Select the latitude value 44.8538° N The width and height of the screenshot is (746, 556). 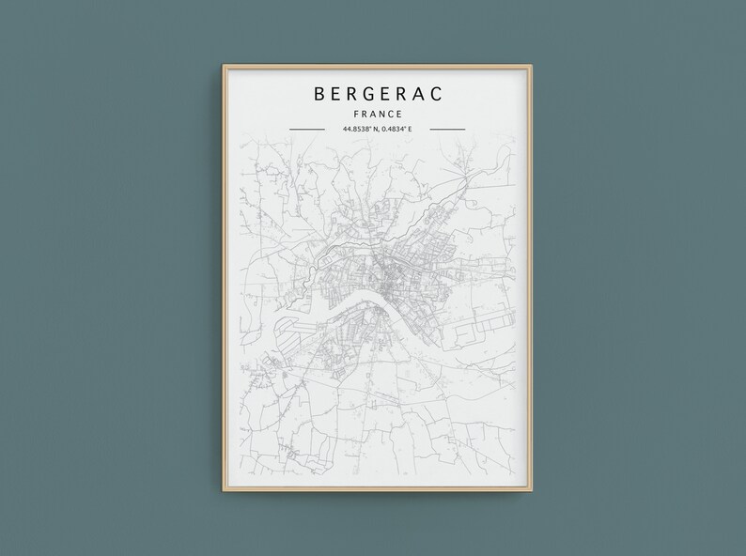pyautogui.click(x=355, y=129)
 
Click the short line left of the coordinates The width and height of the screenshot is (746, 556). pyautogui.click(x=306, y=129)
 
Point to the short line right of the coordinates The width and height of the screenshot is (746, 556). pyautogui.click(x=446, y=129)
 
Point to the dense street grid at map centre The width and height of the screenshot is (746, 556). pyautogui.click(x=381, y=272)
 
